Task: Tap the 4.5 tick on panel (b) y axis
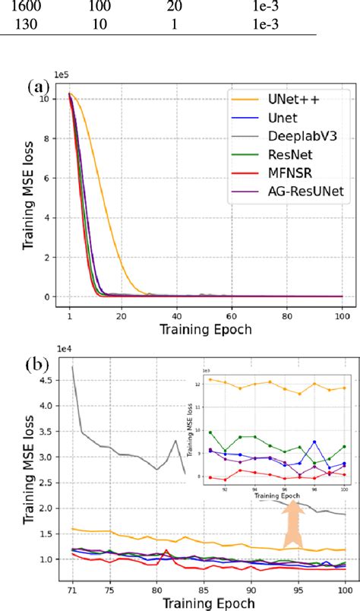click(51, 378)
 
